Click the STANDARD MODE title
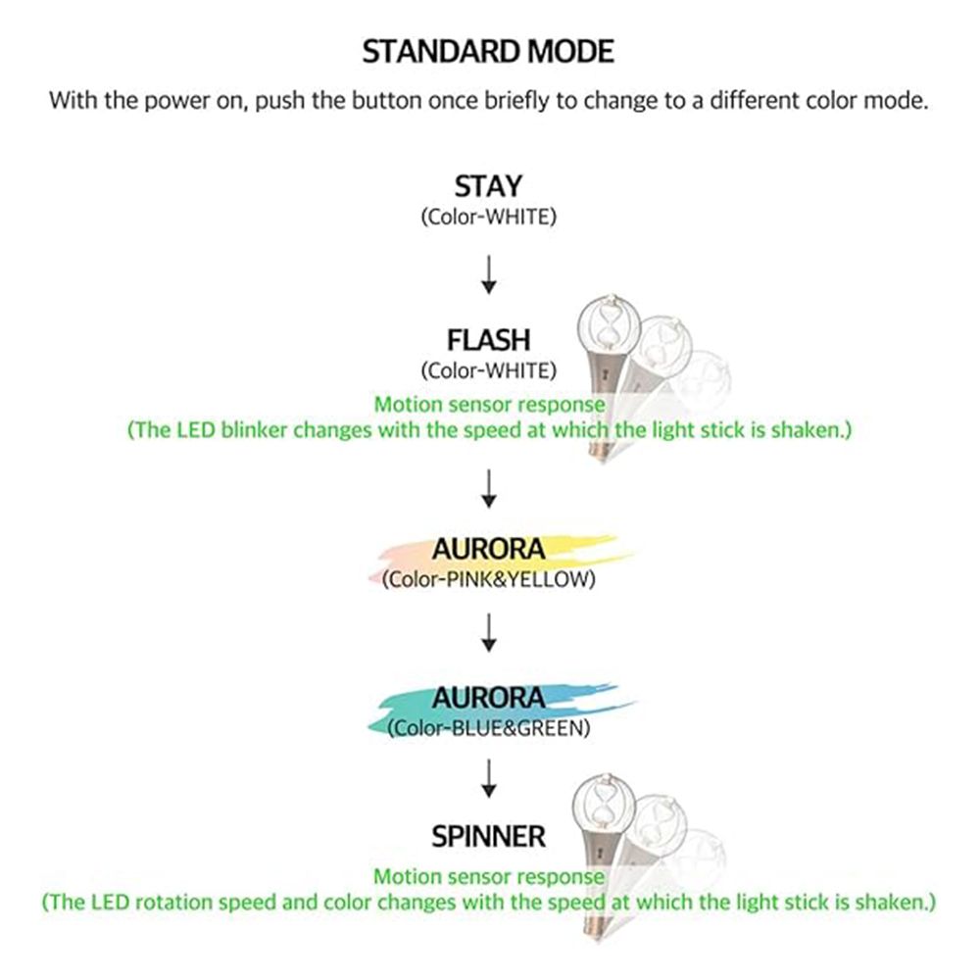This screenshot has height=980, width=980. pyautogui.click(x=488, y=51)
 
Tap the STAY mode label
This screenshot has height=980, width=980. pyautogui.click(x=488, y=186)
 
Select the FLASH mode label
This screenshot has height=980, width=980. pyautogui.click(x=488, y=340)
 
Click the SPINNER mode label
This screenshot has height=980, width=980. pyautogui.click(x=488, y=836)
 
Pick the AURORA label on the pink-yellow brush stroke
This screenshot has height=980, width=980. pyautogui.click(x=488, y=550)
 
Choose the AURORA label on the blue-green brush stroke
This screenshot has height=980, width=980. pyautogui.click(x=488, y=698)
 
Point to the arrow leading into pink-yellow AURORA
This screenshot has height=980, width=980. pyautogui.click(x=489, y=489)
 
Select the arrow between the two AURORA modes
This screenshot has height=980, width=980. pyautogui.click(x=489, y=632)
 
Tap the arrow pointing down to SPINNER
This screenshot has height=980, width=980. pyautogui.click(x=489, y=779)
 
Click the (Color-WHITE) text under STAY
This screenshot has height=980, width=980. pyautogui.click(x=488, y=217)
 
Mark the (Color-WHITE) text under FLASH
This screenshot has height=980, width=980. pyautogui.click(x=488, y=370)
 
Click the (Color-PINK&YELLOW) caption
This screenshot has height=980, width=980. pyautogui.click(x=488, y=579)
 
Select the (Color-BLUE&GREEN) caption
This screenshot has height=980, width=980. pyautogui.click(x=488, y=728)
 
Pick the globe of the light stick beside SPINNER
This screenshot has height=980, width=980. pyautogui.click(x=605, y=806)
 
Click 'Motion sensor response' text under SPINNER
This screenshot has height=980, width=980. pyautogui.click(x=489, y=877)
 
